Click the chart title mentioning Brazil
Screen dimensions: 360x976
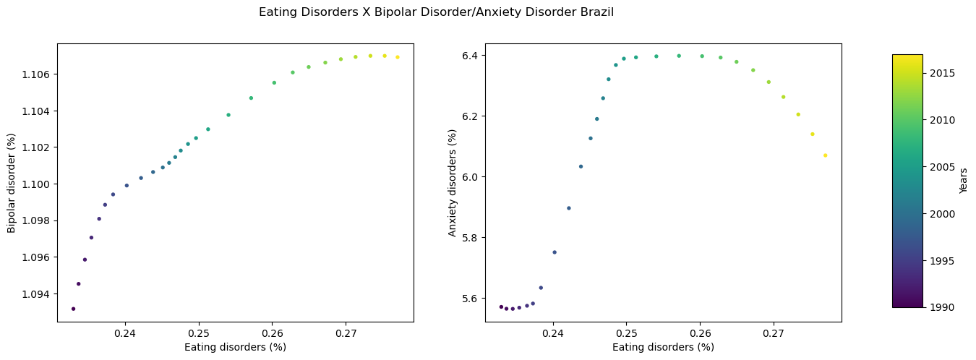click(x=436, y=12)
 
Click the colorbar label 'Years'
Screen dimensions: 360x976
click(x=963, y=181)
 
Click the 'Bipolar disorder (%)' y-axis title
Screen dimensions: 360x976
click(x=12, y=182)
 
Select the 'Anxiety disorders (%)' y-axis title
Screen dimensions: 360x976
click(x=453, y=182)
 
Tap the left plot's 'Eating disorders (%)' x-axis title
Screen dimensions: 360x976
click(x=235, y=347)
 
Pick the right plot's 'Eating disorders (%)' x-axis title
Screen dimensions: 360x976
click(x=663, y=347)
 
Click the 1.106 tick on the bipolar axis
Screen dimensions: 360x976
click(x=35, y=74)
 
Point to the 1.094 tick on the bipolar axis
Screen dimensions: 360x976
click(x=35, y=294)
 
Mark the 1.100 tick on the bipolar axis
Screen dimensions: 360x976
click(x=35, y=184)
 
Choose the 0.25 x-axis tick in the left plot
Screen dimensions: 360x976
click(x=199, y=333)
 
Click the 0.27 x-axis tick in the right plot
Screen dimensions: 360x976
click(x=774, y=333)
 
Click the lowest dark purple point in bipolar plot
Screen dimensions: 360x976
click(x=73, y=309)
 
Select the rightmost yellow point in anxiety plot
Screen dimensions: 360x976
click(x=825, y=155)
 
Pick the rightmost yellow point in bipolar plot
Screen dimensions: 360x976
click(x=398, y=57)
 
